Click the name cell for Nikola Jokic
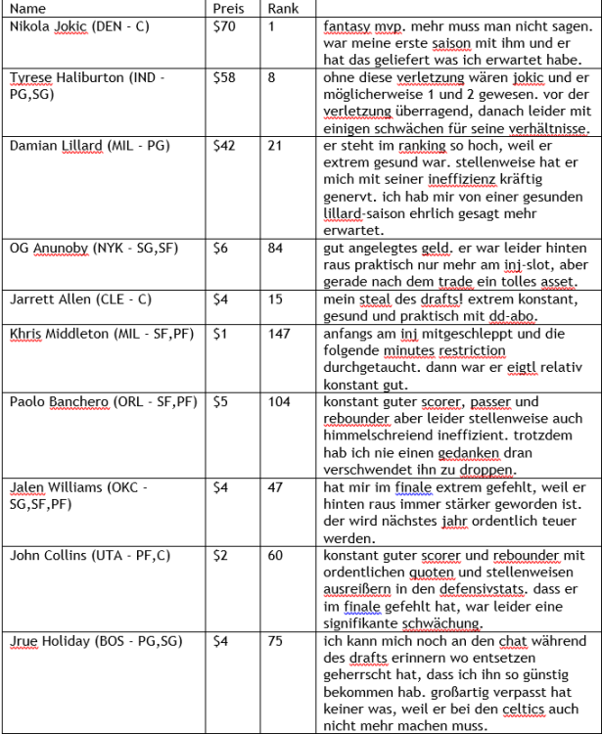79,26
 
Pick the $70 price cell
224,26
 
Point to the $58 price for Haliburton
224,77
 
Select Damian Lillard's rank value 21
275,145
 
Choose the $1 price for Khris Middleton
220,333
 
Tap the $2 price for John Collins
220,555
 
